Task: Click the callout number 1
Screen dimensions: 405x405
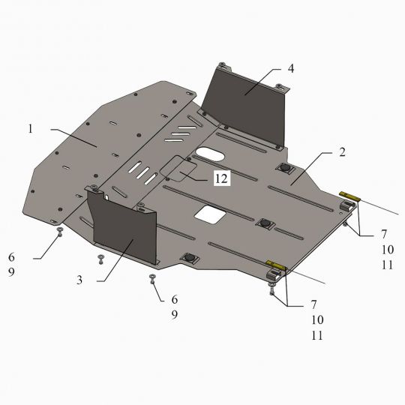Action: point(31,129)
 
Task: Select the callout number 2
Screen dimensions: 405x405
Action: point(342,152)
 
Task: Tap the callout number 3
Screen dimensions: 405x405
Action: point(79,280)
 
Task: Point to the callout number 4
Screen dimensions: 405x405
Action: point(291,69)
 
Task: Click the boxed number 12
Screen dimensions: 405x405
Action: point(222,178)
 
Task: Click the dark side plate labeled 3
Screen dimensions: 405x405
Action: point(124,225)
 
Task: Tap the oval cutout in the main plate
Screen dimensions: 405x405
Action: point(210,154)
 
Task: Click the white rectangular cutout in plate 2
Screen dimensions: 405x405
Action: point(211,214)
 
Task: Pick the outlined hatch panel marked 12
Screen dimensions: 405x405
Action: point(178,169)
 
